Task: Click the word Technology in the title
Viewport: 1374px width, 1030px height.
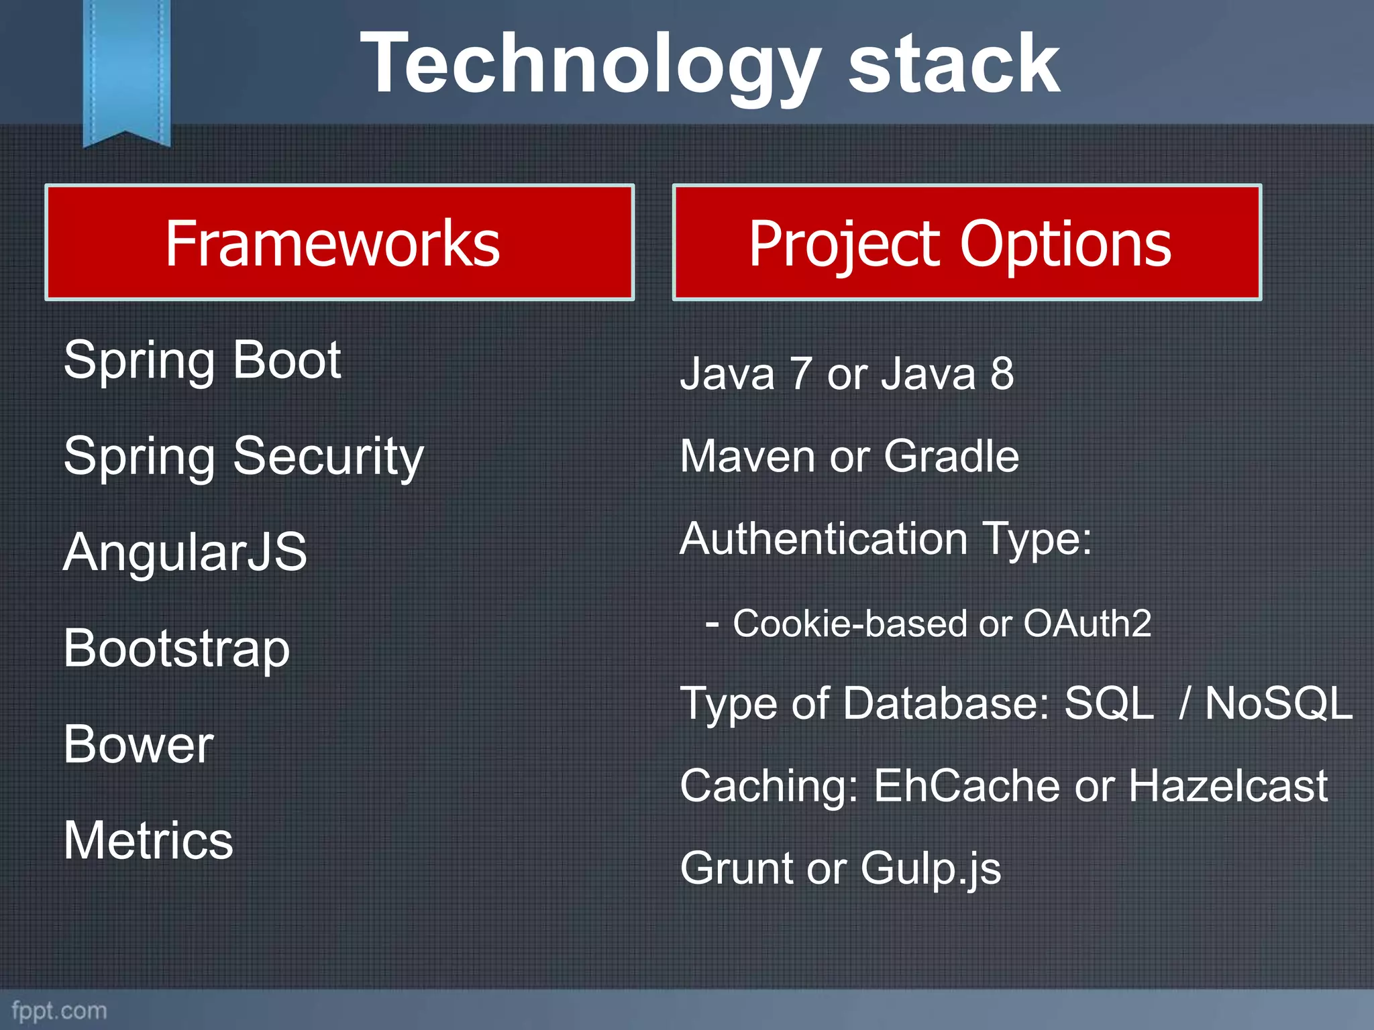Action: pyautogui.click(x=590, y=66)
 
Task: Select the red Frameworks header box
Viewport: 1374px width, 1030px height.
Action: pyautogui.click(x=339, y=242)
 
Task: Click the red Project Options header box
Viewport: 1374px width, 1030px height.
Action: pyautogui.click(x=967, y=242)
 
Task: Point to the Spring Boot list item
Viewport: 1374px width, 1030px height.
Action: pyautogui.click(x=202, y=361)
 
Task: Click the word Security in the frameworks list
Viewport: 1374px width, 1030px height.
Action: pyautogui.click(x=328, y=457)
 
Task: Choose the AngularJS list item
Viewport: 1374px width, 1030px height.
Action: pyautogui.click(x=185, y=552)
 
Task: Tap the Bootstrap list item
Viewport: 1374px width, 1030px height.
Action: pyautogui.click(x=176, y=648)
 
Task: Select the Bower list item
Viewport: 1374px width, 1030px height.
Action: pyautogui.click(x=139, y=744)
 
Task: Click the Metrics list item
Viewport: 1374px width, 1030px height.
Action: pyautogui.click(x=148, y=840)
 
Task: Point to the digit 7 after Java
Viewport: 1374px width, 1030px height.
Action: pyautogui.click(x=800, y=374)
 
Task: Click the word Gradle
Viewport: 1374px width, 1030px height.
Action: pyautogui.click(x=951, y=456)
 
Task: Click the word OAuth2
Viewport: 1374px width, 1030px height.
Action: pyautogui.click(x=1087, y=623)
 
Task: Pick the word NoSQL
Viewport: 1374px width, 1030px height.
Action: pyautogui.click(x=1279, y=703)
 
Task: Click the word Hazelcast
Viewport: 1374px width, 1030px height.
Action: pyautogui.click(x=1228, y=785)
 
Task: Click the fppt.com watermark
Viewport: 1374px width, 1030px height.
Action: pyautogui.click(x=59, y=1011)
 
